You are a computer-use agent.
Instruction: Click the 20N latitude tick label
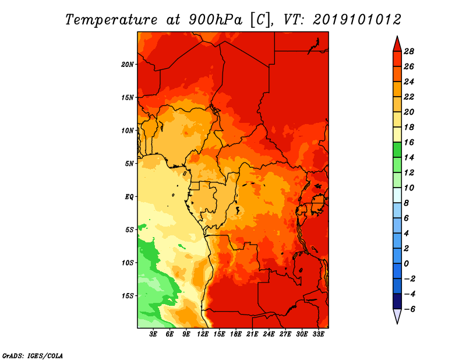pyautogui.click(x=127, y=65)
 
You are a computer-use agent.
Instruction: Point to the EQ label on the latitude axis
pyautogui.click(x=129, y=197)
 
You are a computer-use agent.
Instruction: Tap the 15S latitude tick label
pyautogui.click(x=127, y=296)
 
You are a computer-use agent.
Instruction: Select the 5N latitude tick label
pyautogui.click(x=129, y=164)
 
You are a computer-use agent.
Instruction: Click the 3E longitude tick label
pyautogui.click(x=153, y=334)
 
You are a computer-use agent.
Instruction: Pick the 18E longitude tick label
pyautogui.click(x=236, y=334)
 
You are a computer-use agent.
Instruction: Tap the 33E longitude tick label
pyautogui.click(x=318, y=334)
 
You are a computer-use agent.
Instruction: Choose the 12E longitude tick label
pyautogui.click(x=203, y=334)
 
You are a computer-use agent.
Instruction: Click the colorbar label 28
pyautogui.click(x=409, y=51)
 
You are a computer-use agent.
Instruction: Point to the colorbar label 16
pyautogui.click(x=409, y=142)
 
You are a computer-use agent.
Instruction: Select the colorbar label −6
pyautogui.click(x=409, y=309)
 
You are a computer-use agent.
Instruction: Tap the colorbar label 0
pyautogui.click(x=406, y=264)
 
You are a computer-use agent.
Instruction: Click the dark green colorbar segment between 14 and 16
pyautogui.click(x=397, y=150)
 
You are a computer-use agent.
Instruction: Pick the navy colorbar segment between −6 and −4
pyautogui.click(x=397, y=301)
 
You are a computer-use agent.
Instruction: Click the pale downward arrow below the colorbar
pyautogui.click(x=397, y=316)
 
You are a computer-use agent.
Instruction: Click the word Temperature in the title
pyautogui.click(x=111, y=20)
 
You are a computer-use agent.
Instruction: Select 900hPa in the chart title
pyautogui.click(x=216, y=20)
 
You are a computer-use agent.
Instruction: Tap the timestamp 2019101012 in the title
pyautogui.click(x=357, y=20)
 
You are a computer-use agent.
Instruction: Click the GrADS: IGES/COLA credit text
pyautogui.click(x=33, y=356)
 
